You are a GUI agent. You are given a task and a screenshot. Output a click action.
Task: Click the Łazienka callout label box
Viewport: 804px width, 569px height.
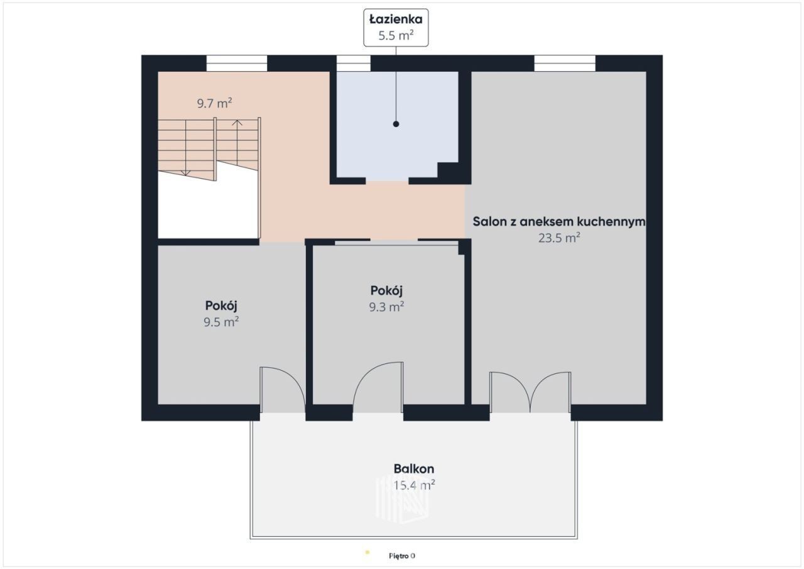(x=396, y=28)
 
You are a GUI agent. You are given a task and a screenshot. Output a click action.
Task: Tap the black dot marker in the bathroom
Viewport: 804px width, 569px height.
(x=396, y=124)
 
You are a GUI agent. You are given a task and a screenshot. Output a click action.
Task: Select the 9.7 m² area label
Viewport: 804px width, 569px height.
(x=214, y=103)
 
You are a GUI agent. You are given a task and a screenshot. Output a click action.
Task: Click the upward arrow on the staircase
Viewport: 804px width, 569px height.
(x=237, y=142)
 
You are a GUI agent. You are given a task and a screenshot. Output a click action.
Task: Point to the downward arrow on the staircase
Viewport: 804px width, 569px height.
(x=185, y=148)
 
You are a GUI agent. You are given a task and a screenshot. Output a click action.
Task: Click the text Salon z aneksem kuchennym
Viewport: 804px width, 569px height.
(x=559, y=221)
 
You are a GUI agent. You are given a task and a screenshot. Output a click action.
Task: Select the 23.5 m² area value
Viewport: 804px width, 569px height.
(x=559, y=238)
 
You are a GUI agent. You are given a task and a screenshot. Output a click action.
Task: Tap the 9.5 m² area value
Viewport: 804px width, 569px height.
(x=221, y=322)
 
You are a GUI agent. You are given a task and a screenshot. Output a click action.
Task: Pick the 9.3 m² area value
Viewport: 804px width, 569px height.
(x=386, y=306)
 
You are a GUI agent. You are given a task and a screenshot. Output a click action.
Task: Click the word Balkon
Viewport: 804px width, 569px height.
(x=414, y=469)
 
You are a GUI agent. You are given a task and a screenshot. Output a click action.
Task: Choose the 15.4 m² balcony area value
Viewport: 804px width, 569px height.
(x=414, y=485)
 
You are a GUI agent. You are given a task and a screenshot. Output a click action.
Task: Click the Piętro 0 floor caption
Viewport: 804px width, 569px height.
(x=402, y=556)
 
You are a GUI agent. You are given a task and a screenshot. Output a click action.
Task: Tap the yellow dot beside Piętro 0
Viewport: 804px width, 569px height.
(x=367, y=553)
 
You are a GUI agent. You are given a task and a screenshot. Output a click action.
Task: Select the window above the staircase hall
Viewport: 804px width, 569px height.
(x=237, y=64)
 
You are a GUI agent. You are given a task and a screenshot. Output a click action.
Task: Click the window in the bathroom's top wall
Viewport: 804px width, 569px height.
(x=353, y=64)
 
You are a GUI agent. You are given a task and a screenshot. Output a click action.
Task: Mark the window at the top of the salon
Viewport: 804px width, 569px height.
(x=565, y=64)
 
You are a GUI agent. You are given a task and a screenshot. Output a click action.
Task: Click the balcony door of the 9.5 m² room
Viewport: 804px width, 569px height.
(x=283, y=390)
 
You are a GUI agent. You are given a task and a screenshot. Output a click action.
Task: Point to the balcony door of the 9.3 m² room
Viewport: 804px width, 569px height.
(x=378, y=387)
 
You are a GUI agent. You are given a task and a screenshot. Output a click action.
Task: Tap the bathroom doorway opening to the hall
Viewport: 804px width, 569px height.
(x=387, y=180)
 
